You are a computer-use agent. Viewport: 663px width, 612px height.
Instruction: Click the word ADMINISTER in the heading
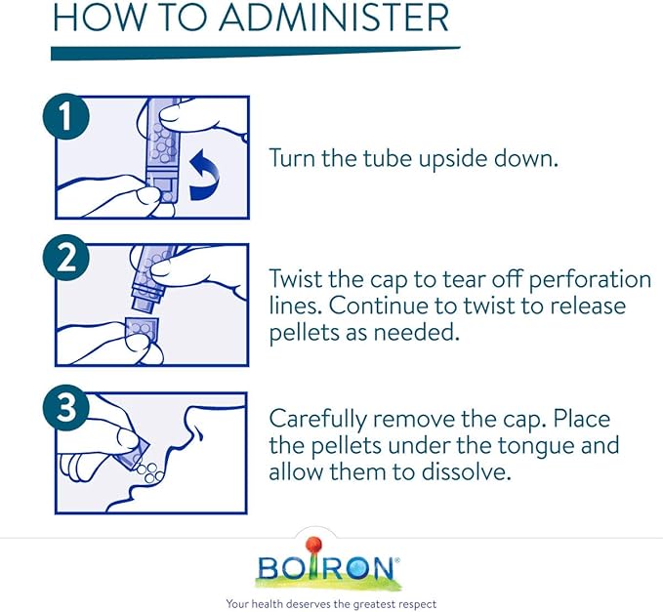[334, 18]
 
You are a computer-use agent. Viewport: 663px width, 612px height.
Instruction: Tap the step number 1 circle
[66, 116]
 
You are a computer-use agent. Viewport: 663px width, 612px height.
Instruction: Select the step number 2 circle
[66, 258]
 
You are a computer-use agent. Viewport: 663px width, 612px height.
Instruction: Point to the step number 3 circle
[66, 407]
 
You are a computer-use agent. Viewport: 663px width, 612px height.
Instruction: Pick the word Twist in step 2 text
[295, 279]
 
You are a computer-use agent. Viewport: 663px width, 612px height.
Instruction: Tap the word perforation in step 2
[590, 280]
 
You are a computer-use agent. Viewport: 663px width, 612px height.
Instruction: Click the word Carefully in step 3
[318, 420]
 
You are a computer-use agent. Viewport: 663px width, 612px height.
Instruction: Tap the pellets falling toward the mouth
[149, 472]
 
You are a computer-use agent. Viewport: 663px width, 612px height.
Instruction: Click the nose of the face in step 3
[196, 430]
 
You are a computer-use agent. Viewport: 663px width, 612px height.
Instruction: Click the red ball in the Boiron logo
[313, 545]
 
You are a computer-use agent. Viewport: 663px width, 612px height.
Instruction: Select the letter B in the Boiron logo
[269, 568]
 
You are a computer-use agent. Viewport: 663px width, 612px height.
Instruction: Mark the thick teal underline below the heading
[256, 54]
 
